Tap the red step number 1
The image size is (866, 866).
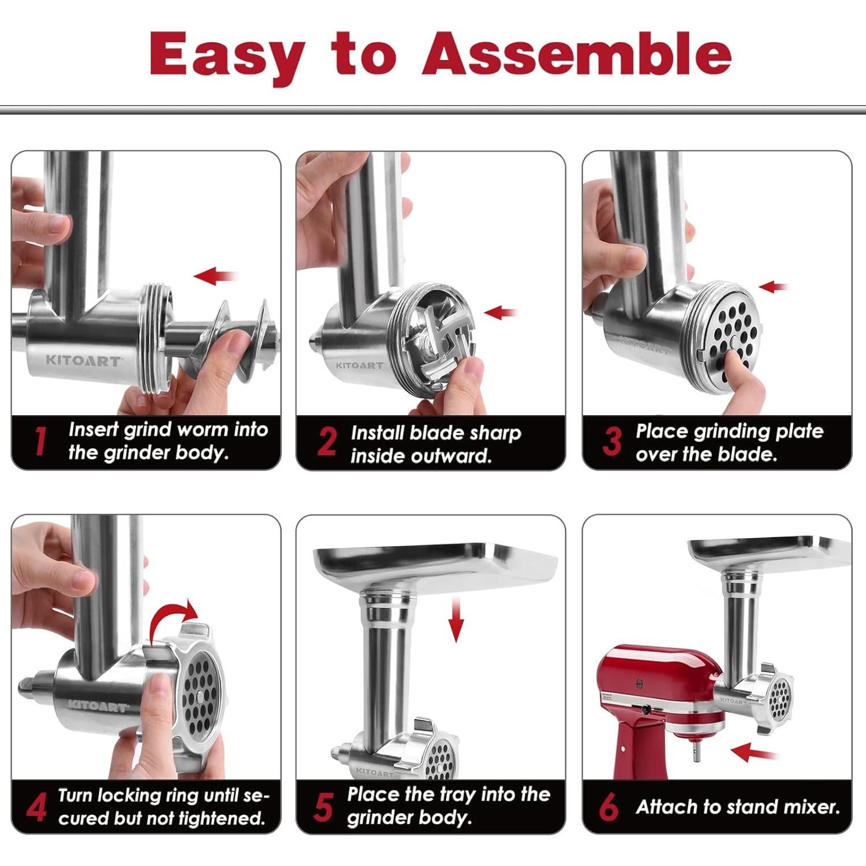click(40, 442)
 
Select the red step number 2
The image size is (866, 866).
click(327, 443)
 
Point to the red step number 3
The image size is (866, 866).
click(611, 442)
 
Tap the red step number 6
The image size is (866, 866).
click(609, 807)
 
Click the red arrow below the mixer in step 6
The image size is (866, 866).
click(753, 752)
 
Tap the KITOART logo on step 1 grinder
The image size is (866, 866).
click(83, 360)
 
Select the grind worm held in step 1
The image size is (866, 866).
click(231, 341)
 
